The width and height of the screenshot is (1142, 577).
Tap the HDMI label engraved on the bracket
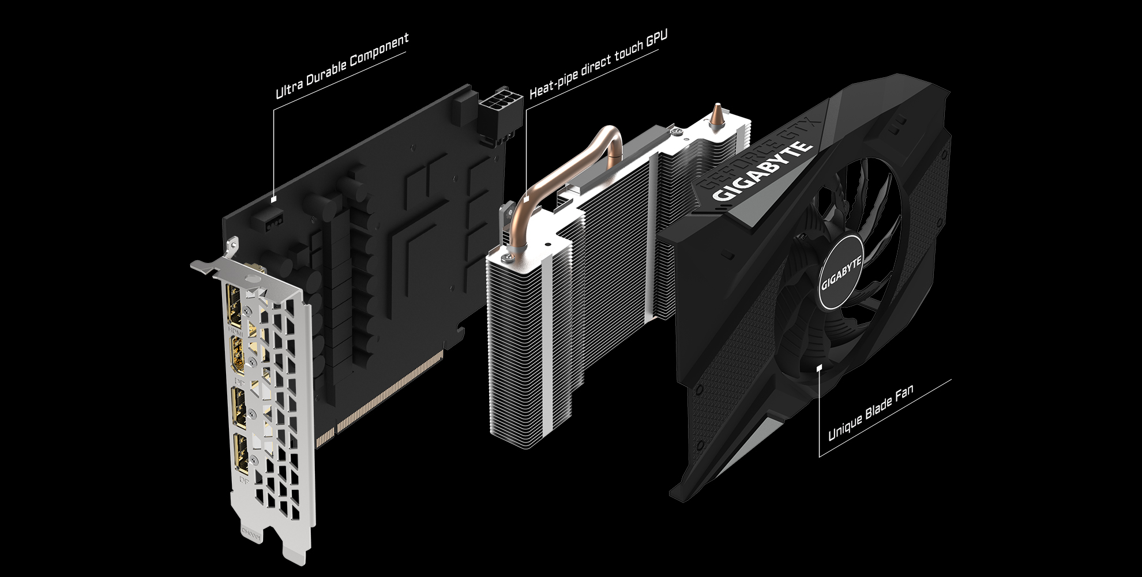click(x=235, y=331)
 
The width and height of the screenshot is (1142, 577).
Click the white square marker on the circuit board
click(x=273, y=199)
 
